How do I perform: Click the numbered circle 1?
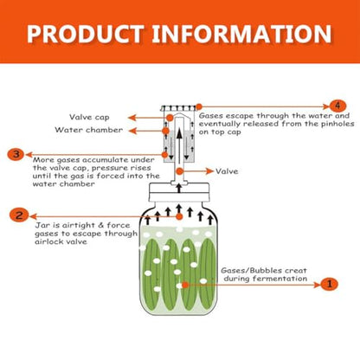tap(329, 285)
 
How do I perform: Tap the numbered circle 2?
tap(19, 215)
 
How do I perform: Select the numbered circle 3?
tap(16, 154)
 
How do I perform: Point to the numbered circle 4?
tap(337, 106)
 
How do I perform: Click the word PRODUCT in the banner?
tap(86, 34)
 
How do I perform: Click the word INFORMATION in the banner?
tap(241, 34)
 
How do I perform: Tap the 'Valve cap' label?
tap(89, 117)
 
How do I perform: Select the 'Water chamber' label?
tap(89, 130)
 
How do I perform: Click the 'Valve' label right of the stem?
tap(227, 171)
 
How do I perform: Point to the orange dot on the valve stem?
tap(180, 171)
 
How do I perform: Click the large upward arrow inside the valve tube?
tap(179, 145)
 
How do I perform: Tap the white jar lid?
tap(179, 192)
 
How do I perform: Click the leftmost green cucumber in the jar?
tap(152, 273)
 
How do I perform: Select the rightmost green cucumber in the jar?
tap(207, 273)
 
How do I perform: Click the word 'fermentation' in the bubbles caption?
tap(277, 279)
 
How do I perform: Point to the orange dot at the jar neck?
tap(179, 216)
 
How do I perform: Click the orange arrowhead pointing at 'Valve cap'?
tap(132, 118)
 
